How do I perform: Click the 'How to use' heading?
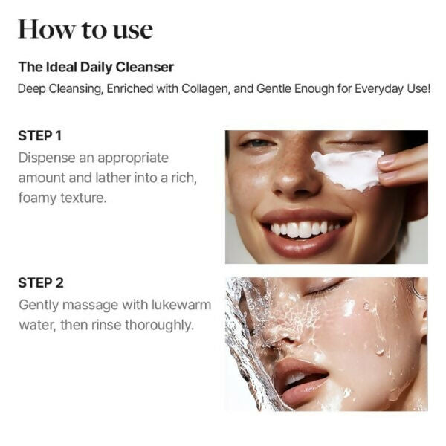click(x=85, y=29)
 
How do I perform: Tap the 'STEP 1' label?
click(x=39, y=136)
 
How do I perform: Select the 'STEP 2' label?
click(x=40, y=282)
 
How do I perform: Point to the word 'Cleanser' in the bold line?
click(x=146, y=68)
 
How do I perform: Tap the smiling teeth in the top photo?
click(x=301, y=228)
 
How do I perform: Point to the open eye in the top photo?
click(x=258, y=143)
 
